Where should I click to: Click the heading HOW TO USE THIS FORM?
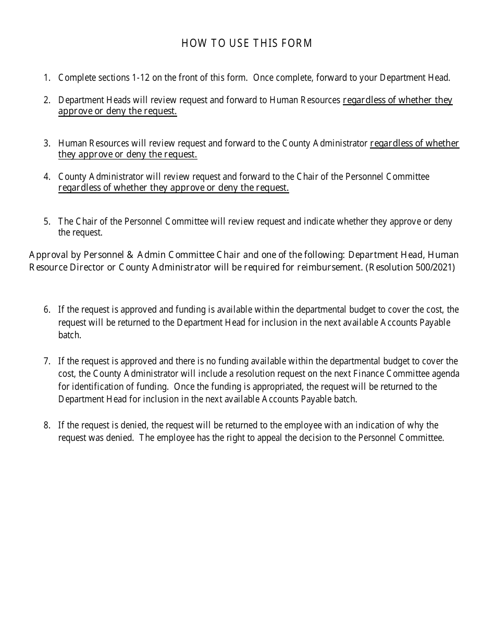click(247, 43)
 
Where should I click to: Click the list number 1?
click(47, 78)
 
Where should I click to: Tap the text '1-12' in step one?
click(140, 78)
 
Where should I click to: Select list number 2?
click(47, 100)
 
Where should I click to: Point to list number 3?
click(47, 143)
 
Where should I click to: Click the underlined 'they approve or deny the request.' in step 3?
click(128, 155)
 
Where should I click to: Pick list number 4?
click(47, 177)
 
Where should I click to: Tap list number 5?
click(47, 221)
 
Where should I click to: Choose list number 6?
click(47, 310)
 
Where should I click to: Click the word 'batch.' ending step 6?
click(69, 335)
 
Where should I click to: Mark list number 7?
click(47, 361)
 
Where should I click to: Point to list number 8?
click(47, 425)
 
